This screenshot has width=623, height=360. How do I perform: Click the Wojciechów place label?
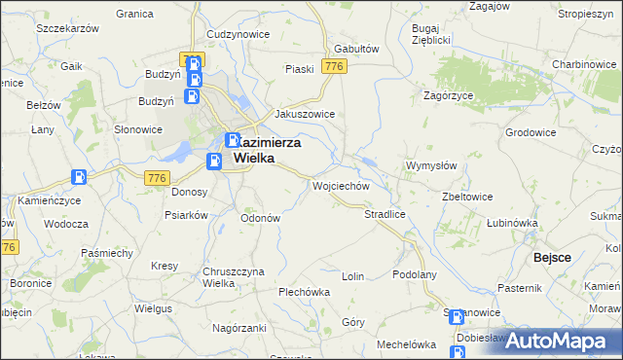point(340,185)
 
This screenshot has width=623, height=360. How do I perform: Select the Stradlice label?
point(384,213)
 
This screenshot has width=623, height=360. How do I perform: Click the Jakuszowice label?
point(306,114)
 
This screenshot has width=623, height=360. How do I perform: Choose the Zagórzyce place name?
point(449,95)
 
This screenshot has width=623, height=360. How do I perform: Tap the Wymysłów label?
point(430,165)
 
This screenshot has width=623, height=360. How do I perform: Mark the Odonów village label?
point(260,218)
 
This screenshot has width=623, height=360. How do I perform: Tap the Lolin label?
point(352,276)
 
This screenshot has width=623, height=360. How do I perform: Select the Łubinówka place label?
point(513,223)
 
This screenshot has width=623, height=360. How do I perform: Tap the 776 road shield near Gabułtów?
point(335,66)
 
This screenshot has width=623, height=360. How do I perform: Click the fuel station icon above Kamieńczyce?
point(78,177)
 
